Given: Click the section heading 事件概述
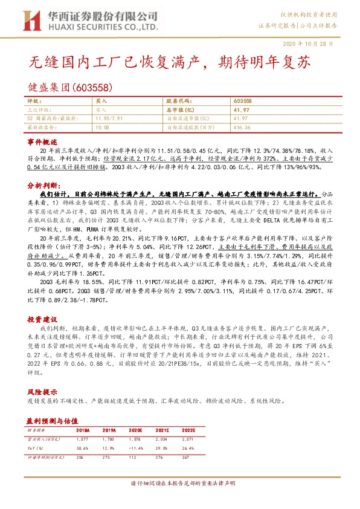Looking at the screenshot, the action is pos(42,140).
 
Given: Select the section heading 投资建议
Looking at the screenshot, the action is pos(42,318).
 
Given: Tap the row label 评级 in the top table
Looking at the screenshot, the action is pos(35,102).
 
